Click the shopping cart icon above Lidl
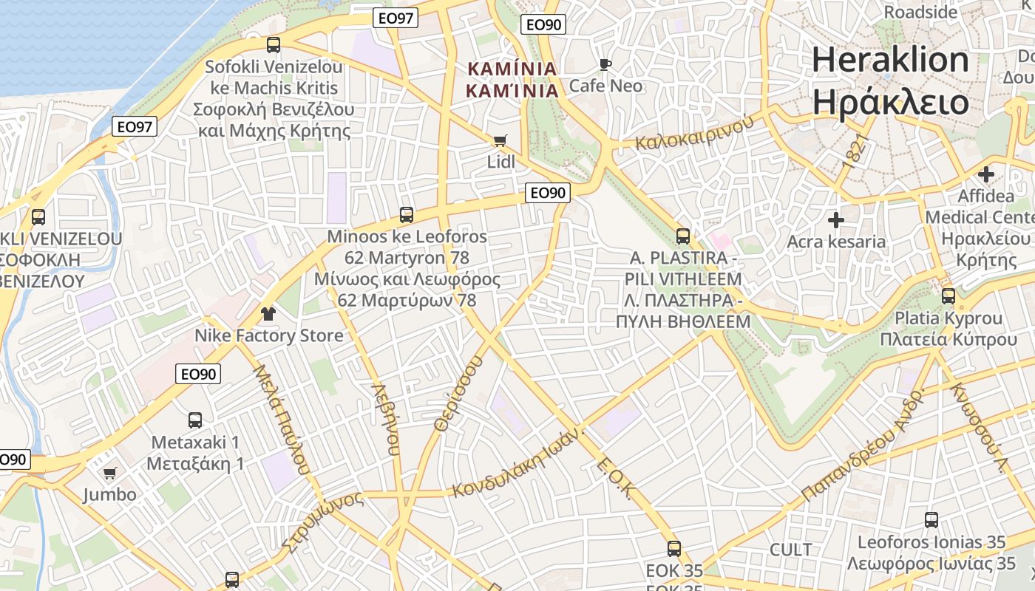pyautogui.click(x=500, y=140)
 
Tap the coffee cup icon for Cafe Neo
pyautogui.click(x=605, y=65)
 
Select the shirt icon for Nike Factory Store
pyautogui.click(x=268, y=314)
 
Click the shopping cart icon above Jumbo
pyautogui.click(x=109, y=473)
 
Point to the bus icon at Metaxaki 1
pyautogui.click(x=195, y=420)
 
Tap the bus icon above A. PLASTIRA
pyautogui.click(x=683, y=236)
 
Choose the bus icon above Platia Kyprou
pyautogui.click(x=949, y=296)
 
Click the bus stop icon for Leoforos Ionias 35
pyautogui.click(x=931, y=520)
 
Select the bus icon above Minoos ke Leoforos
pyautogui.click(x=407, y=215)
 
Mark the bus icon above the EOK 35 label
pyautogui.click(x=674, y=549)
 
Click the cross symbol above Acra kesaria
pyautogui.click(x=836, y=220)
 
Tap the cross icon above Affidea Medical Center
pyautogui.click(x=986, y=175)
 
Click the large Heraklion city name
pyautogui.click(x=890, y=60)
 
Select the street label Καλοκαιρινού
pyautogui.click(x=694, y=133)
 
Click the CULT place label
pyautogui.click(x=790, y=550)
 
